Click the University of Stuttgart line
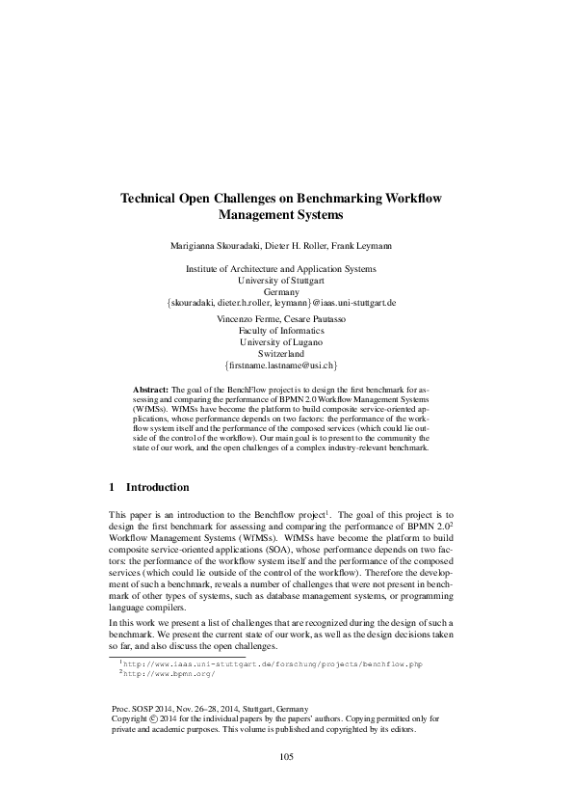click(x=286, y=280)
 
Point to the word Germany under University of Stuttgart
click(x=286, y=291)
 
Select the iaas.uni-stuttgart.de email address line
click(x=286, y=302)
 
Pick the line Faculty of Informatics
click(x=286, y=331)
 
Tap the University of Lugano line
click(x=286, y=342)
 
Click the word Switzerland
click(x=286, y=354)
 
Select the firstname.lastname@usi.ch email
click(x=286, y=365)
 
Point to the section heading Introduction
click(x=159, y=487)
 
